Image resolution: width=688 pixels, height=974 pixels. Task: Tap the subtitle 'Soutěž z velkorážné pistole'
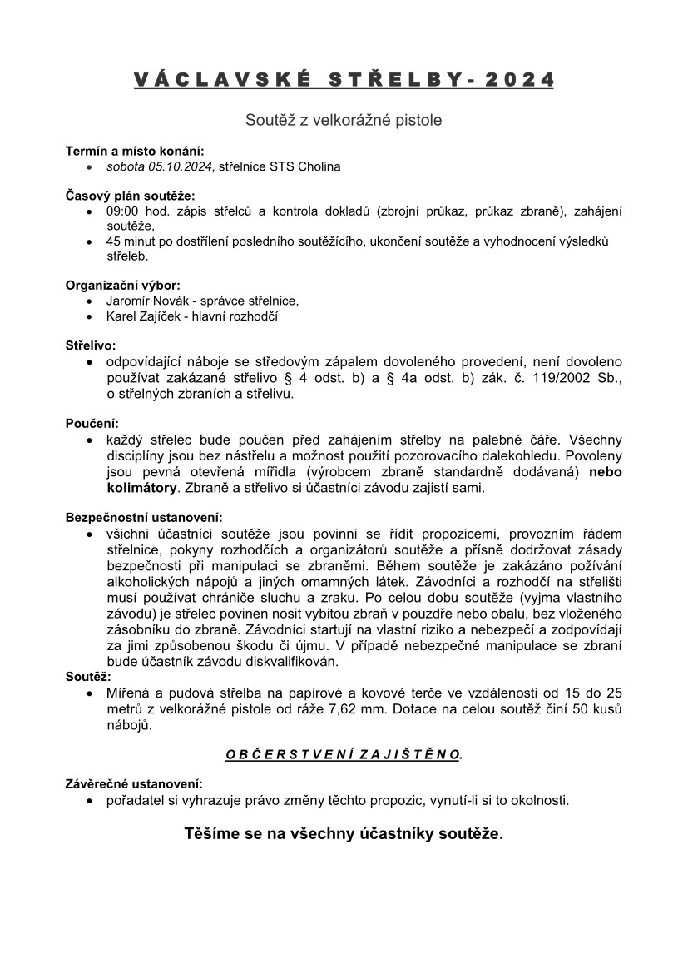point(344,120)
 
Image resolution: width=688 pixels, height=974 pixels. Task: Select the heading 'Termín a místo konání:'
point(134,152)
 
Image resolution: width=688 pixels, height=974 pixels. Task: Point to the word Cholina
point(319,166)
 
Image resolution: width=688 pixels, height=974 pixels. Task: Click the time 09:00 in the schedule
point(123,211)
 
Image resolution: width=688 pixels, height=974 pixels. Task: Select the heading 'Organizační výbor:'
point(122,286)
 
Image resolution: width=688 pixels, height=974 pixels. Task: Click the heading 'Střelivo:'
point(91,345)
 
